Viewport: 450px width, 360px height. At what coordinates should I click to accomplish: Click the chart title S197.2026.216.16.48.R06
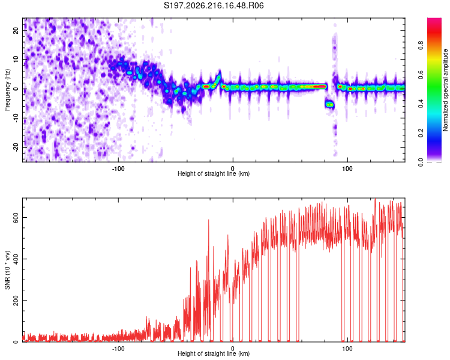[x=214, y=5]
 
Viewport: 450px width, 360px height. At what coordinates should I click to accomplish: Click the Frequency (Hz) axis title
[x=7, y=90]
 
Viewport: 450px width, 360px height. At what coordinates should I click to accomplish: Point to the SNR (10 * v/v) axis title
[x=7, y=270]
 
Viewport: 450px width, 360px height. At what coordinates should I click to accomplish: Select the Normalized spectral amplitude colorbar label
[x=445, y=89]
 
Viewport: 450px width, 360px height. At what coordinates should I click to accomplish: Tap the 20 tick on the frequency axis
[x=16, y=30]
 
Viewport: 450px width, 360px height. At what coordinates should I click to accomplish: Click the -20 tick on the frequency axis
[x=16, y=147]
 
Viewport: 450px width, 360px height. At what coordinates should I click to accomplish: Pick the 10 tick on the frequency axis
[x=16, y=59]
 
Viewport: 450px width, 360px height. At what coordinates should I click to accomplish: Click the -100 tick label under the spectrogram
[x=118, y=169]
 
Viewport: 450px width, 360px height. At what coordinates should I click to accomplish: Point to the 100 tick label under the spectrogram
[x=347, y=169]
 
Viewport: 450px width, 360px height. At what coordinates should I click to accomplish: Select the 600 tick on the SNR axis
[x=16, y=218]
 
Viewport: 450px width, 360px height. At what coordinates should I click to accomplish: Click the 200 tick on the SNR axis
[x=16, y=300]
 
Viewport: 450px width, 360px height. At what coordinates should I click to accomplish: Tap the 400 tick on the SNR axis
[x=16, y=259]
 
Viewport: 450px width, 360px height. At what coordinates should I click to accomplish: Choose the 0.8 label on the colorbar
[x=421, y=46]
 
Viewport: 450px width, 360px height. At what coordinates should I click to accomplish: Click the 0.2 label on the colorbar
[x=421, y=133]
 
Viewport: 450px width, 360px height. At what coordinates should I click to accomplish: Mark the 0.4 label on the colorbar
[x=421, y=104]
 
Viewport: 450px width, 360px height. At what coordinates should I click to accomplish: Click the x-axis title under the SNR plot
[x=214, y=353]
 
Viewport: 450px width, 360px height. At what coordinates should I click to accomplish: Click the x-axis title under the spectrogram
[x=214, y=173]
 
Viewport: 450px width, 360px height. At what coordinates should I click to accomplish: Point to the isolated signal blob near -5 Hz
[x=330, y=104]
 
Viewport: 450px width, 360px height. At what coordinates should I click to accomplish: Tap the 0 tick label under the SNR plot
[x=232, y=349]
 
